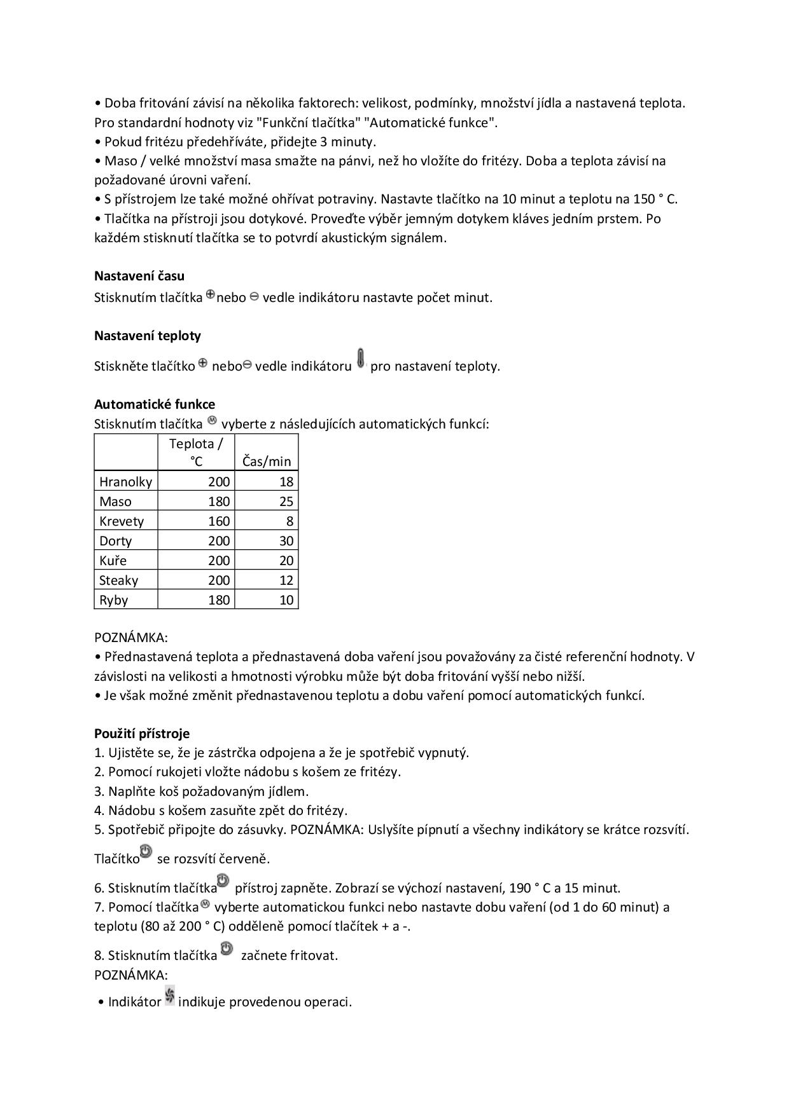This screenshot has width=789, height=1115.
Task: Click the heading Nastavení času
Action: [x=139, y=276]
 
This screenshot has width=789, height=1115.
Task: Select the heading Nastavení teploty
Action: [x=148, y=336]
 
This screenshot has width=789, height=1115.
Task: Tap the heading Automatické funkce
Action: [x=155, y=404]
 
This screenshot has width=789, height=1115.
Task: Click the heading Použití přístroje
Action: [x=142, y=734]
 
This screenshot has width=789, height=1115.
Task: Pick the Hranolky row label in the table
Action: [x=126, y=482]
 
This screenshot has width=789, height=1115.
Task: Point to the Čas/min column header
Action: [x=267, y=462]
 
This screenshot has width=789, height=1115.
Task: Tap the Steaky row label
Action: [x=119, y=580]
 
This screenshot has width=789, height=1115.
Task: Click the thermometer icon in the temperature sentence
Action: [x=361, y=359]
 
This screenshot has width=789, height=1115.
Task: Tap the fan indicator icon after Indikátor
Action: [x=170, y=995]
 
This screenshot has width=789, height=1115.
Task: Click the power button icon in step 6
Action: [x=223, y=881]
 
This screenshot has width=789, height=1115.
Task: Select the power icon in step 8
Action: [x=227, y=949]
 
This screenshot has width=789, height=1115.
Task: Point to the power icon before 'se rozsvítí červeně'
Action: [x=146, y=852]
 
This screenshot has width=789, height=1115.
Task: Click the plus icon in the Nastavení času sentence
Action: [x=210, y=296]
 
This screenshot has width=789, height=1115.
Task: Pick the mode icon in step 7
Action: [x=205, y=904]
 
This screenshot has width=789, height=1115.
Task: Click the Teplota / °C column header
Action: [x=196, y=453]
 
